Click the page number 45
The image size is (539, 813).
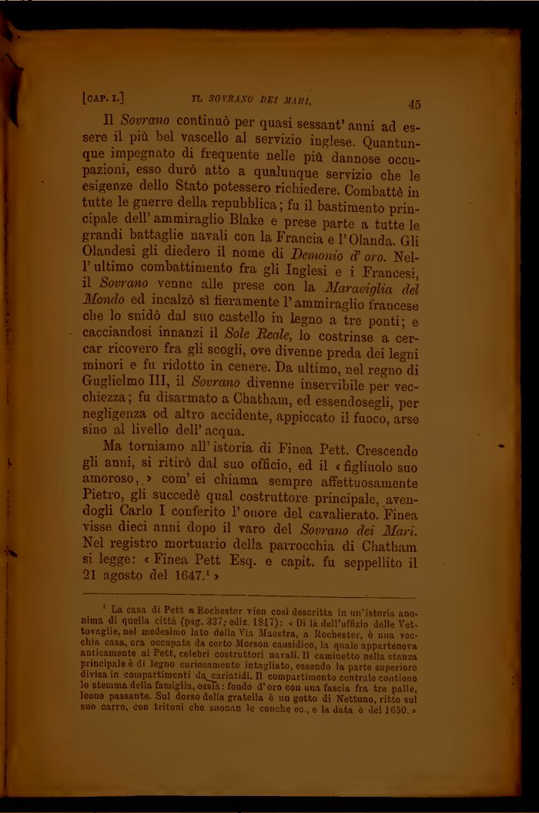(x=413, y=104)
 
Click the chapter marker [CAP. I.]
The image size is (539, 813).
(x=102, y=98)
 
